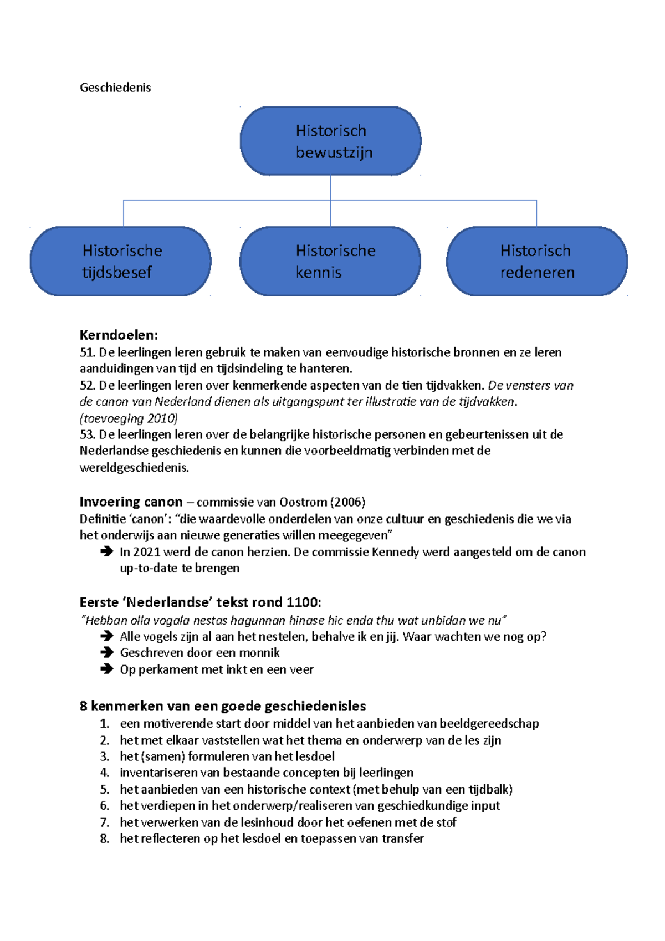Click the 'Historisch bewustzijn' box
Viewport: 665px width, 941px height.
coord(330,141)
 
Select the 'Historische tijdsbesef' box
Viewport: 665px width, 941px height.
coord(121,261)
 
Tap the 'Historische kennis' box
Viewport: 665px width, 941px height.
coord(330,261)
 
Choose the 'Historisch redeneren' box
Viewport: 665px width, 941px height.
coord(536,261)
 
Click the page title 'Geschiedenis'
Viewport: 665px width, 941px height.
coord(115,88)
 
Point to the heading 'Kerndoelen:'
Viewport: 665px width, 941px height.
coord(119,335)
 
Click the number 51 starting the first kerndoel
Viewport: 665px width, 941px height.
coord(87,352)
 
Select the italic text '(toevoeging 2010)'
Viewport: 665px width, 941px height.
coord(129,418)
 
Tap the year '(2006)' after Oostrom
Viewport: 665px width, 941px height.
coord(347,502)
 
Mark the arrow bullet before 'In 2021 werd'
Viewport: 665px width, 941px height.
coord(106,551)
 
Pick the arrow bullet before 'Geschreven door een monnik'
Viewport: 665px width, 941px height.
coord(106,653)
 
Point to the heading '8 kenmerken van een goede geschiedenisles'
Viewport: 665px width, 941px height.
coord(223,706)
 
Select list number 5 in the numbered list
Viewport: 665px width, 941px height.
coord(104,789)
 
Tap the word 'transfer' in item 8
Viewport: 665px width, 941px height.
coord(403,838)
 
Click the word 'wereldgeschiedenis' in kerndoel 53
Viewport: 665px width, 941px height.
coord(134,468)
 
